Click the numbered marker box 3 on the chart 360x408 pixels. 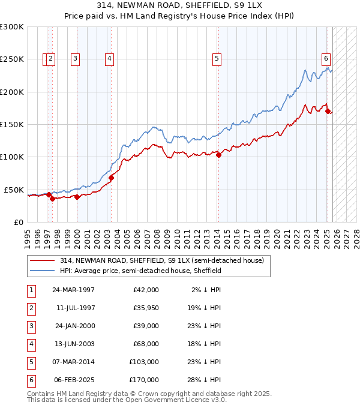[75, 58]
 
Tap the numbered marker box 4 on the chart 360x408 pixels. [110, 58]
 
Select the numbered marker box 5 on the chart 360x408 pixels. [216, 58]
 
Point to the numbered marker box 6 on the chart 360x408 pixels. [326, 58]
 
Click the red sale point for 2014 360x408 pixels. [218, 155]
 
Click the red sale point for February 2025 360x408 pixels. [328, 111]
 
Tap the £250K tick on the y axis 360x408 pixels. [11, 59]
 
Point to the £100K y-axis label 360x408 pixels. [11, 157]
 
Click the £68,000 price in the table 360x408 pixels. [144, 344]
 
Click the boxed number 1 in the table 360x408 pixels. [31, 290]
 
